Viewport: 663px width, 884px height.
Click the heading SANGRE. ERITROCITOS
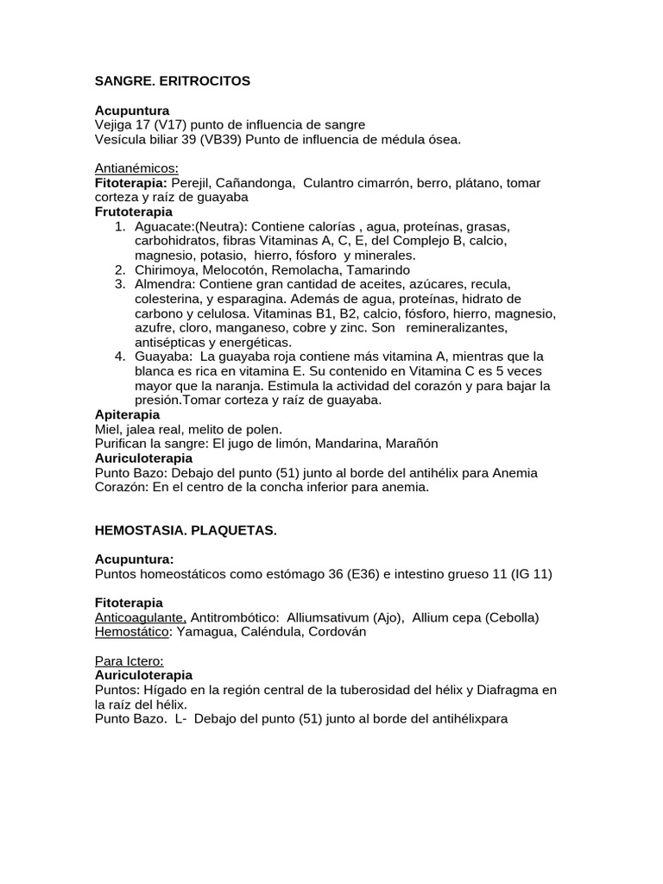172,80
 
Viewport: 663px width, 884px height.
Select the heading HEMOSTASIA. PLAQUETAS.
185,530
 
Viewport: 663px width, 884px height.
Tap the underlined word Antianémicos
136,168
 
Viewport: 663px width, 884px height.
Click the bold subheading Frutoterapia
133,212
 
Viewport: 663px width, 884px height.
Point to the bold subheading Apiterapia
127,414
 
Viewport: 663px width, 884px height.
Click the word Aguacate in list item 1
163,226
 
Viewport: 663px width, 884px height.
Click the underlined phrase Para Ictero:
129,661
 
